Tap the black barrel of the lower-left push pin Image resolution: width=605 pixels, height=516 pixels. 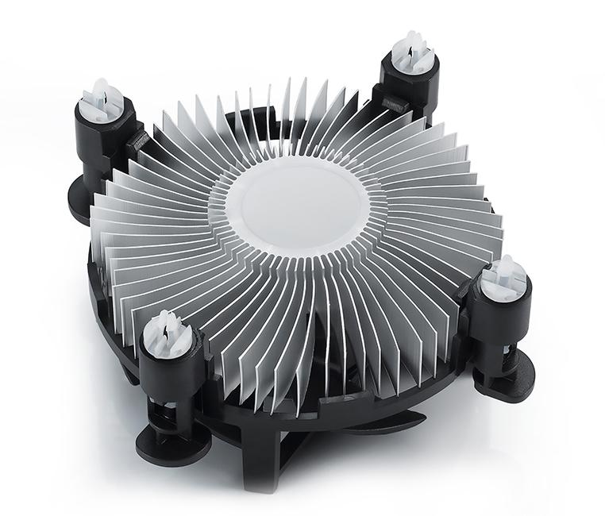pos(169,373)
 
